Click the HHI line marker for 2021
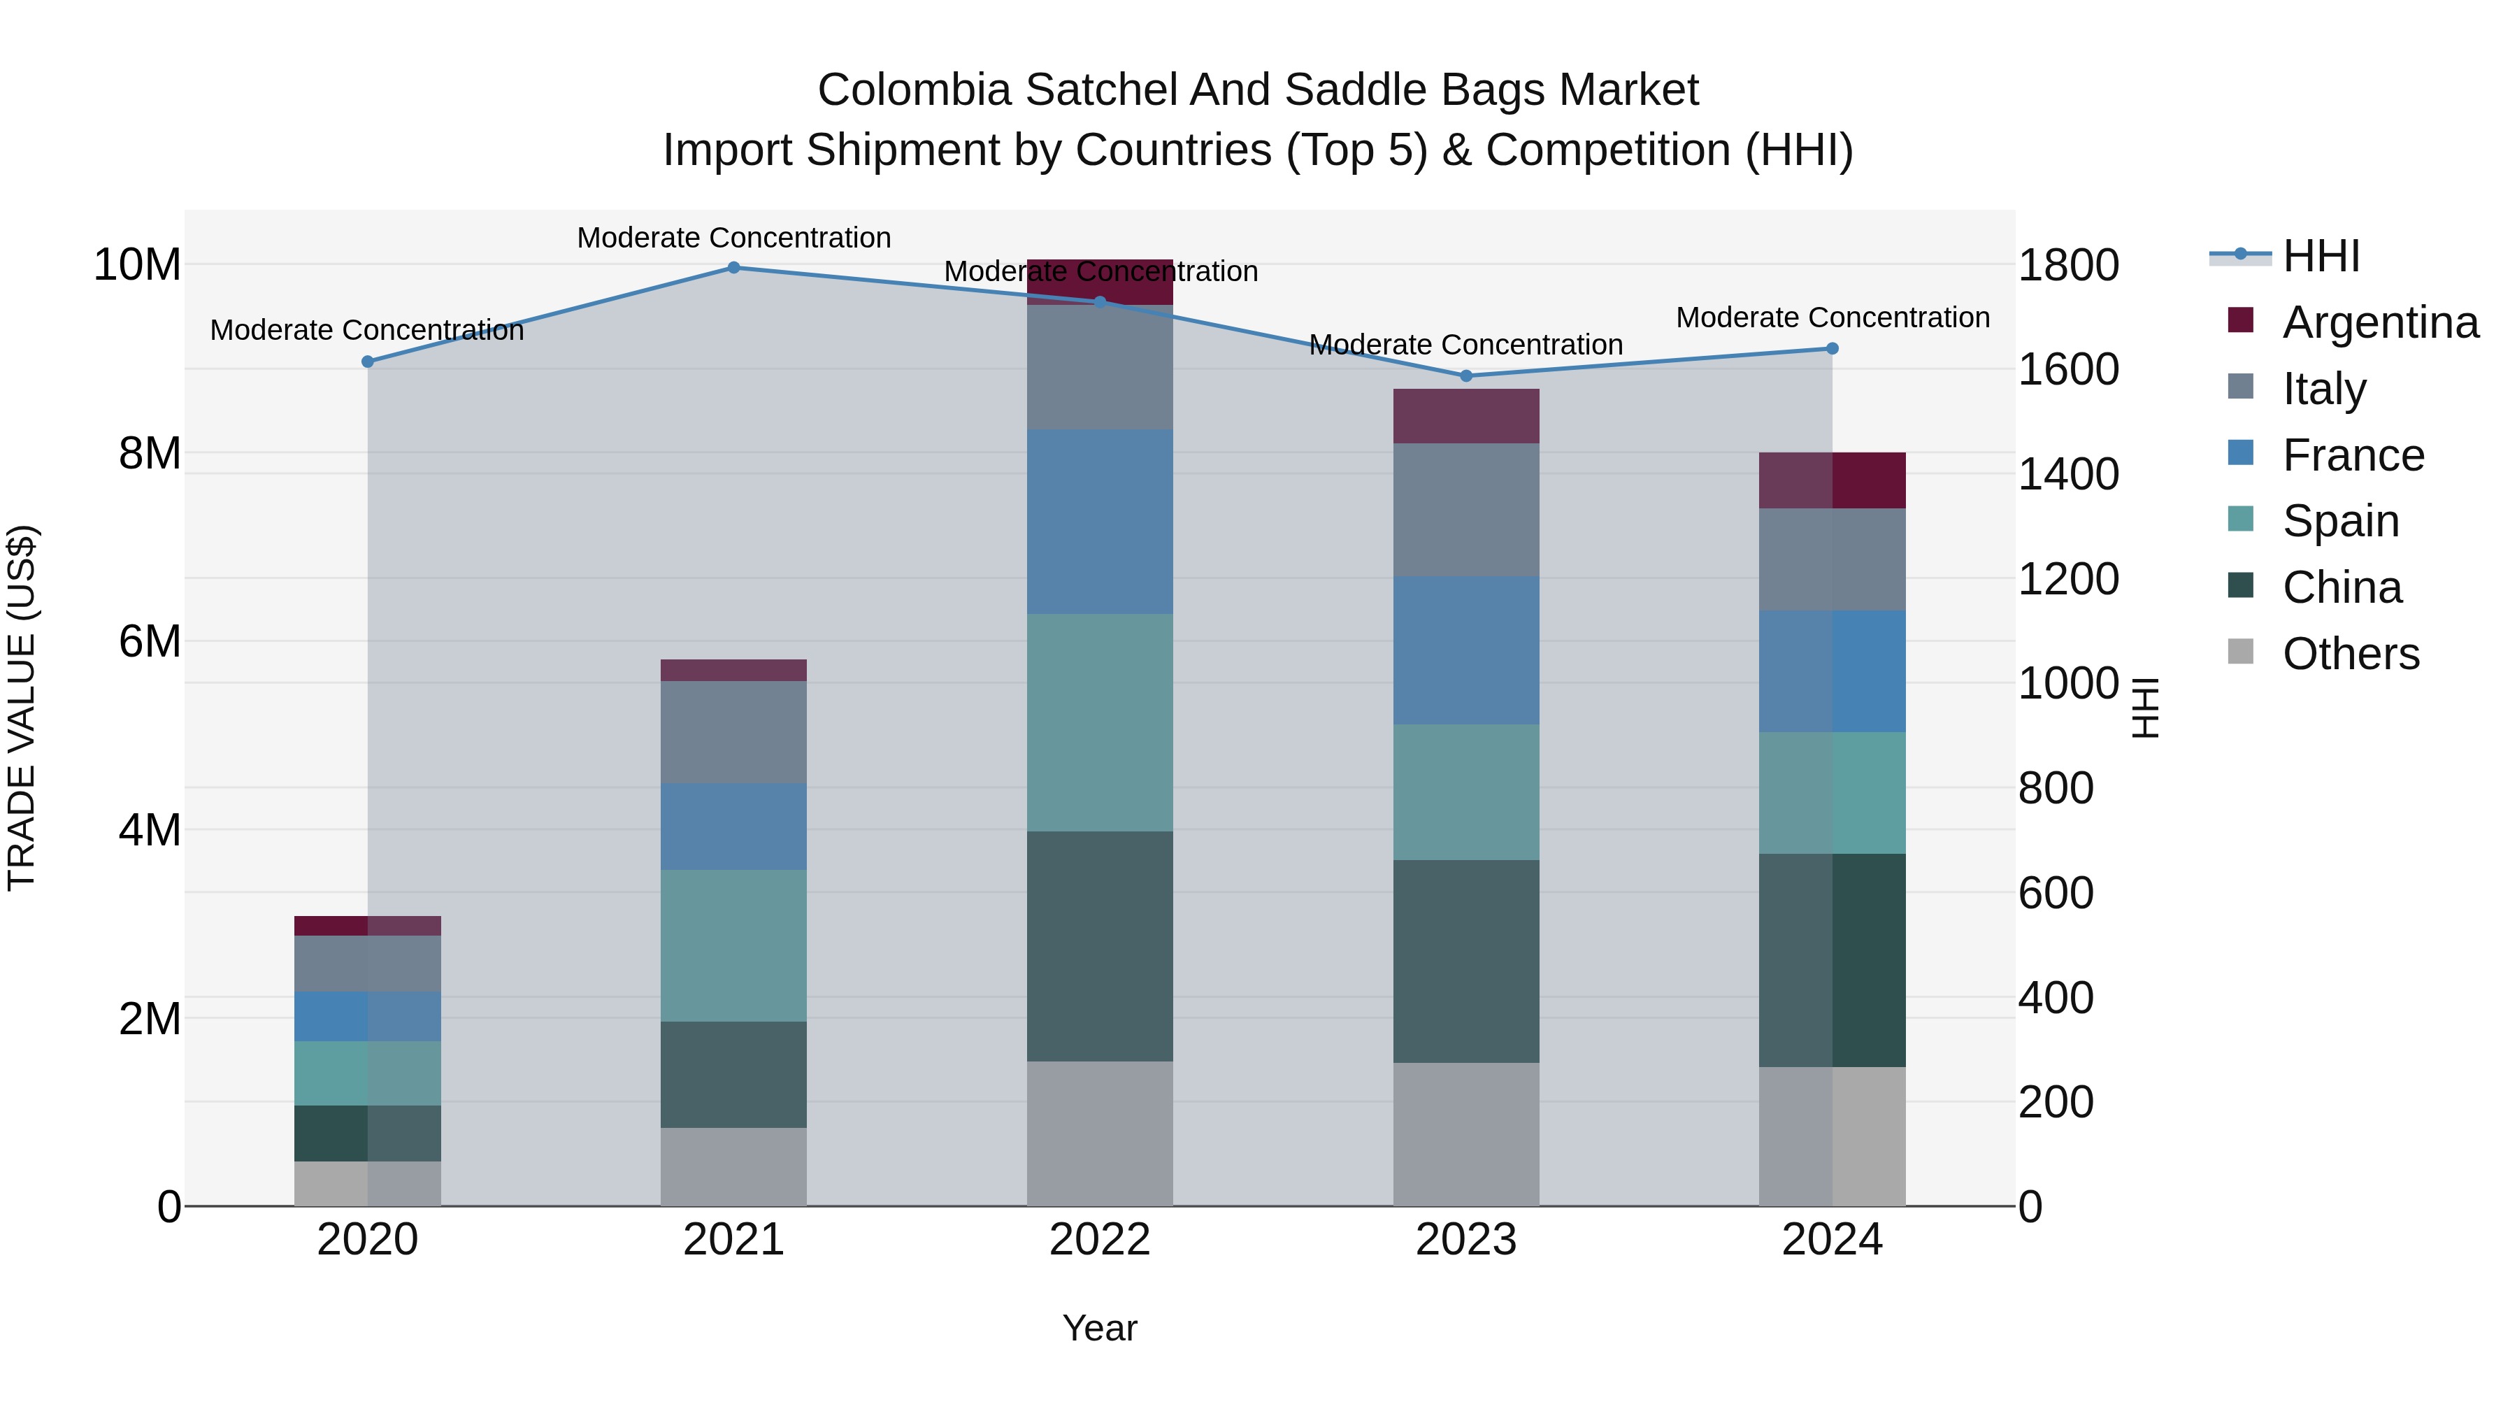[734, 268]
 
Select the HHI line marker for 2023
[1465, 376]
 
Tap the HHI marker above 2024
[1832, 349]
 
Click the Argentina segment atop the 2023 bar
[1465, 416]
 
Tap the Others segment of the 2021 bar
[734, 1167]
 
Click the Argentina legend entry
[2380, 322]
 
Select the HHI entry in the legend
[2321, 256]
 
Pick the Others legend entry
[2350, 654]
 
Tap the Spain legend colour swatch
[2241, 520]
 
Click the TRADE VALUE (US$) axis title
[22, 708]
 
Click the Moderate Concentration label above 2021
[734, 238]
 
